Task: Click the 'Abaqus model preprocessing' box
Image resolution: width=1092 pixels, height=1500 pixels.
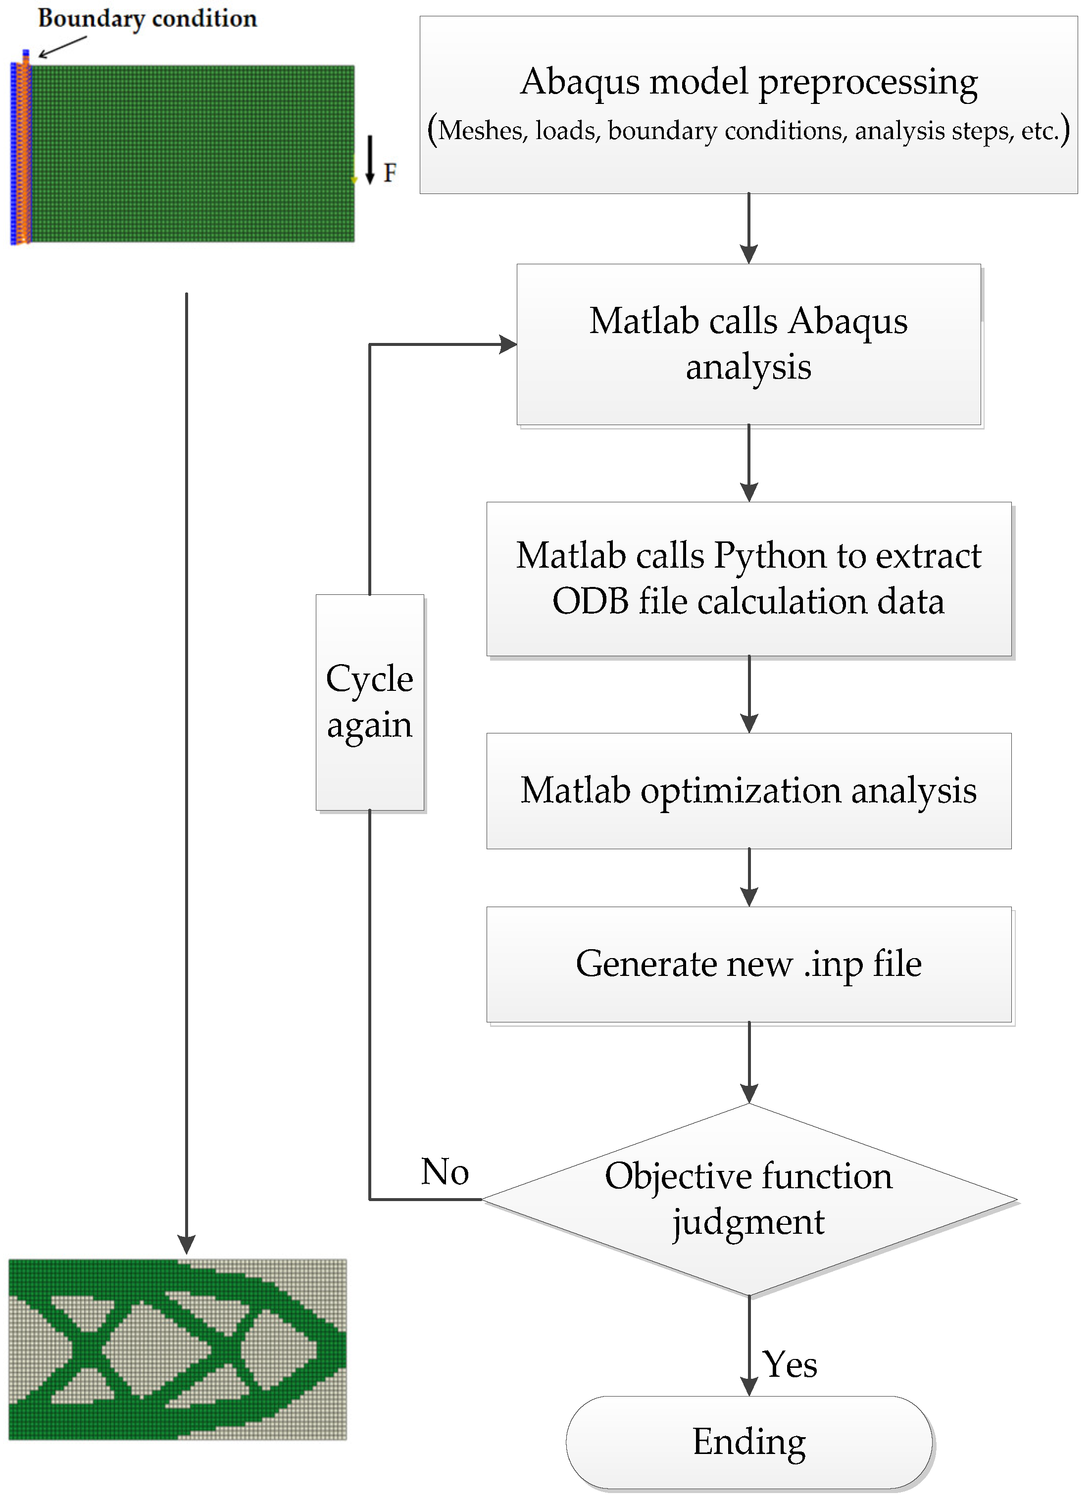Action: click(x=748, y=104)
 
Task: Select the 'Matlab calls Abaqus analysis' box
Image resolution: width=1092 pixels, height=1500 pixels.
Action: click(x=748, y=344)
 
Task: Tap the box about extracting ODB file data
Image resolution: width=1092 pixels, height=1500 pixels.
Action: click(x=748, y=579)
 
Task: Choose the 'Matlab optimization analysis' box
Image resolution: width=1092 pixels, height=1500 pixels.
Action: click(x=748, y=790)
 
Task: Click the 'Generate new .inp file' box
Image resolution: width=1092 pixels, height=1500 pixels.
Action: click(x=748, y=964)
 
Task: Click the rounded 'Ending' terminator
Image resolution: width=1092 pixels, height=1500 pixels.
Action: click(x=748, y=1442)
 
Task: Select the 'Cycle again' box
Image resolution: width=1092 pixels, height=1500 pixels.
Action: click(x=369, y=702)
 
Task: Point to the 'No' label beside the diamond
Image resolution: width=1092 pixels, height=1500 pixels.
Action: click(x=445, y=1172)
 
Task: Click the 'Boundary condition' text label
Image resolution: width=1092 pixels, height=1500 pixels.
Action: click(x=147, y=18)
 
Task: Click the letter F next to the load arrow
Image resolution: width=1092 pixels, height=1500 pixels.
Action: click(x=390, y=173)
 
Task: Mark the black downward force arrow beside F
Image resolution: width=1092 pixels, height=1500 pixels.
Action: click(x=370, y=159)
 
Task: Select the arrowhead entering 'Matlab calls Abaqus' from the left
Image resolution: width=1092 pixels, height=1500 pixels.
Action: click(x=508, y=344)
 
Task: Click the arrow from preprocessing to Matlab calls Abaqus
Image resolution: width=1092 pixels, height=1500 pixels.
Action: click(x=748, y=228)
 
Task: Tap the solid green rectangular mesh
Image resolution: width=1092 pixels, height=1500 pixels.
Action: click(x=192, y=153)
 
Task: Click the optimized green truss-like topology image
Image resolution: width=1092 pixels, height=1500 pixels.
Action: click(x=177, y=1349)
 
